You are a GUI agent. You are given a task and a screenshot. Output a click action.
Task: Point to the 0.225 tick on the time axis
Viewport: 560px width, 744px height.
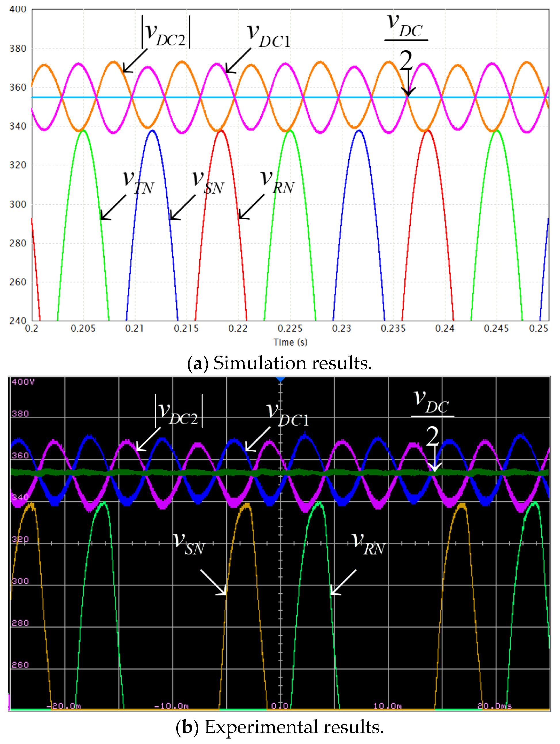point(290,328)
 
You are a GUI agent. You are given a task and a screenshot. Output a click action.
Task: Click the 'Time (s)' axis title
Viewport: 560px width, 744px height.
point(290,342)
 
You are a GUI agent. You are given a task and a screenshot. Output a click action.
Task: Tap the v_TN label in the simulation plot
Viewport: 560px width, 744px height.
point(138,182)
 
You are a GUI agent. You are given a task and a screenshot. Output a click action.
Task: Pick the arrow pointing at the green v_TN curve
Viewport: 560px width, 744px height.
point(113,208)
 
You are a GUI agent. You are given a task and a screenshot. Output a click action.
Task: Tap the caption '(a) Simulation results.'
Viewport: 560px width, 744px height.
point(279,363)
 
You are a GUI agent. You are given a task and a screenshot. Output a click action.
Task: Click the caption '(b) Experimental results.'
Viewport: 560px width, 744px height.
point(279,727)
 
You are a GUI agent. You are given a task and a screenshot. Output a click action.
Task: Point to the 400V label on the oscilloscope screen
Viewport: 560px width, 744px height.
point(23,382)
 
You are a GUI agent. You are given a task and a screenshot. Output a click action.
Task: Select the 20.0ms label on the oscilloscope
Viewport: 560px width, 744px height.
point(494,706)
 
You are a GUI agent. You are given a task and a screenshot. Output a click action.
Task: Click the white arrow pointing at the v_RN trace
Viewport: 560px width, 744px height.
point(343,582)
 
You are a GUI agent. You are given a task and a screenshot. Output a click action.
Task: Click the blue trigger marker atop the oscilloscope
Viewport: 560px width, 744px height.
point(280,379)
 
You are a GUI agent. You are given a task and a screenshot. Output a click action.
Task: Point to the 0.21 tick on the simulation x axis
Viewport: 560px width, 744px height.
point(134,328)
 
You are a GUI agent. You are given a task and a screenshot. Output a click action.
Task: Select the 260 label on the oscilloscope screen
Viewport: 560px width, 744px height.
point(20,665)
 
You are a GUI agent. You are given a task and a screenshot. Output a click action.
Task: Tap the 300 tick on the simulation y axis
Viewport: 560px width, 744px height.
point(18,204)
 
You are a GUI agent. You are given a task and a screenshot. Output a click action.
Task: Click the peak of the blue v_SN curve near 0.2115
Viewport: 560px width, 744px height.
point(152,130)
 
